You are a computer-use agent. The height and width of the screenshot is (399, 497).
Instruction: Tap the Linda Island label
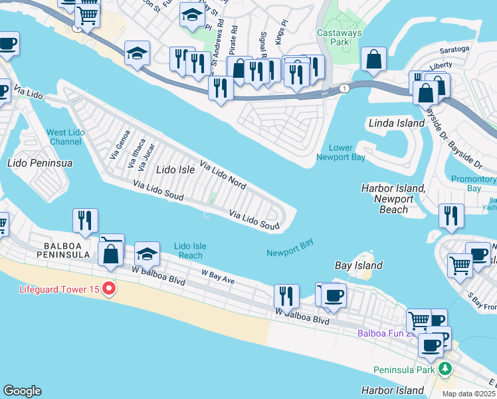(397, 123)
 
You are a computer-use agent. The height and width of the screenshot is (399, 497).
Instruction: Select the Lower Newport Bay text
(340, 152)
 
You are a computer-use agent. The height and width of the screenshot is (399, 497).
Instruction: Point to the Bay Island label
(358, 265)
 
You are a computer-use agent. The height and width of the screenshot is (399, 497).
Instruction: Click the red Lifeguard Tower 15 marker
(110, 289)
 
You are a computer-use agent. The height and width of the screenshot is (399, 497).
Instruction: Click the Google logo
(22, 391)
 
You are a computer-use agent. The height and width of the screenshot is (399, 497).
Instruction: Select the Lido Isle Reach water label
(190, 251)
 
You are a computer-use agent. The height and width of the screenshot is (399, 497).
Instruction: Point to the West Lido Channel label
(65, 138)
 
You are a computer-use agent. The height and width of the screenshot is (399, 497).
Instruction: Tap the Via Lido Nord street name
(223, 175)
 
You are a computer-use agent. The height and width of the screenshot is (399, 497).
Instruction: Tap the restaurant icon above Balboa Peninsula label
(85, 221)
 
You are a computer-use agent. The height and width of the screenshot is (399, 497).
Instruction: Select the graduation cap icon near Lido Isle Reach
(147, 254)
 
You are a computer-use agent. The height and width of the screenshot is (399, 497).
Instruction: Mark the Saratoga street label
(454, 49)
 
